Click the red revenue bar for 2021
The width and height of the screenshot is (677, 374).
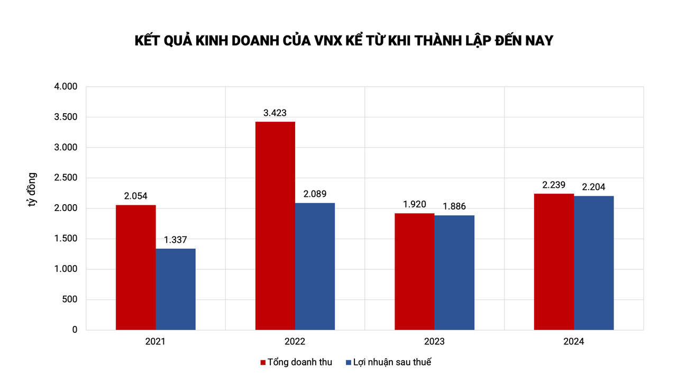tap(135, 267)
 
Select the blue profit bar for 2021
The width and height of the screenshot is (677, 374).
tap(176, 289)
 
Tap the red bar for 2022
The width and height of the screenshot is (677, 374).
tap(275, 226)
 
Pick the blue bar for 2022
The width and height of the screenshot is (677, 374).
tap(315, 266)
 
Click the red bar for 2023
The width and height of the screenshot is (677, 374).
tap(414, 271)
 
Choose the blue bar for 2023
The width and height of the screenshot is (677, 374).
tap(454, 272)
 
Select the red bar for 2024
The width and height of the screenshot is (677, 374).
tap(554, 262)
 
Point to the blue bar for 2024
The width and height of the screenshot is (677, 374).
tap(594, 263)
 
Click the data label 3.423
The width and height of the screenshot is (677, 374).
tap(275, 113)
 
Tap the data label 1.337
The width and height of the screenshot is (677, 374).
tap(176, 240)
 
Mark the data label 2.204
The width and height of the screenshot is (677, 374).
tap(594, 187)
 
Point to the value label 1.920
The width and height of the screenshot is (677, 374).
tap(414, 204)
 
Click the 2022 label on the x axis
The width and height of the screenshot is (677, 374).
tap(295, 342)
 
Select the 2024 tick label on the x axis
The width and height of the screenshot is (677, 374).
tap(574, 342)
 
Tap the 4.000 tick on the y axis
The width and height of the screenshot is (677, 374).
tap(66, 87)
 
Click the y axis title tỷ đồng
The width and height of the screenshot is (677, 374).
tap(33, 189)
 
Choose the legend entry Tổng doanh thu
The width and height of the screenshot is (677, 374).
tap(296, 362)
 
